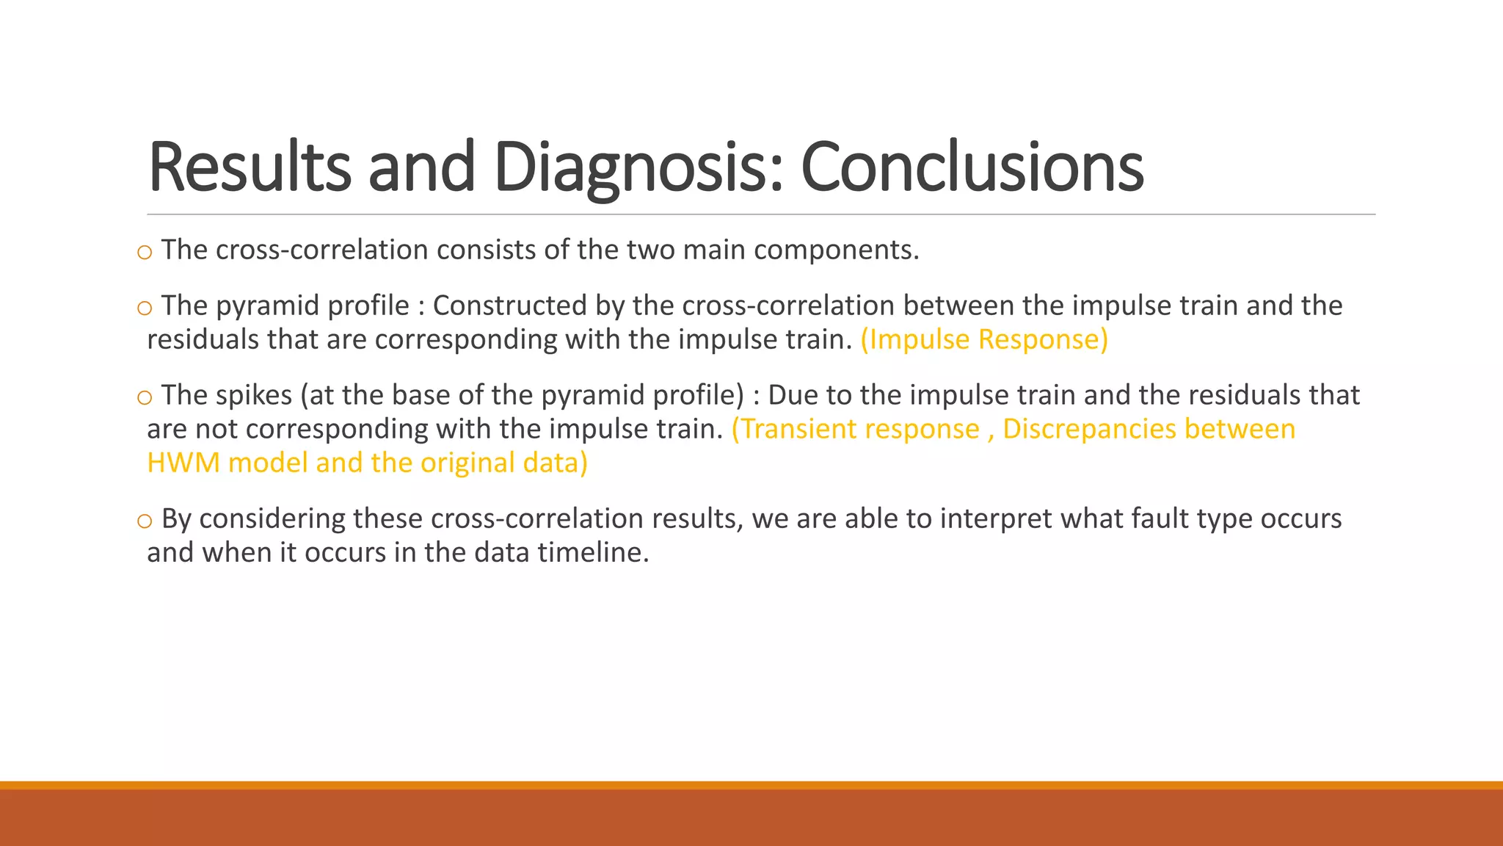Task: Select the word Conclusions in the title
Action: pyautogui.click(x=972, y=167)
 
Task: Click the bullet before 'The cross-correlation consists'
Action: pyautogui.click(x=145, y=253)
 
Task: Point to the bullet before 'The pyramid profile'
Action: pyautogui.click(x=145, y=308)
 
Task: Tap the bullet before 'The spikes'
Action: pyautogui.click(x=145, y=398)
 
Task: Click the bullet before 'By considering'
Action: pyautogui.click(x=145, y=521)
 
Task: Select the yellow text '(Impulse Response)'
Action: pyautogui.click(x=984, y=339)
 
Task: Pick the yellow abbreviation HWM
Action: pyautogui.click(x=183, y=463)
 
